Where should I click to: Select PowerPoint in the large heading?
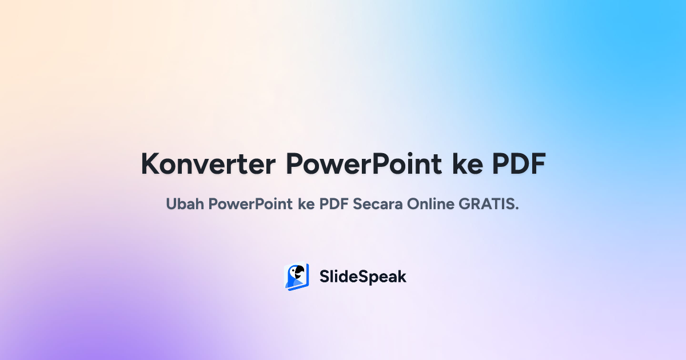[x=364, y=165]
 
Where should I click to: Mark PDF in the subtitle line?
[x=334, y=205]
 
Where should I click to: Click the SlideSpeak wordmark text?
[x=362, y=277]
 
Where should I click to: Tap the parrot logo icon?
[x=297, y=277]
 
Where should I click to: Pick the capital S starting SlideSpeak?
[x=324, y=277]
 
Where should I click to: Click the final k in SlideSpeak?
[x=402, y=277]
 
